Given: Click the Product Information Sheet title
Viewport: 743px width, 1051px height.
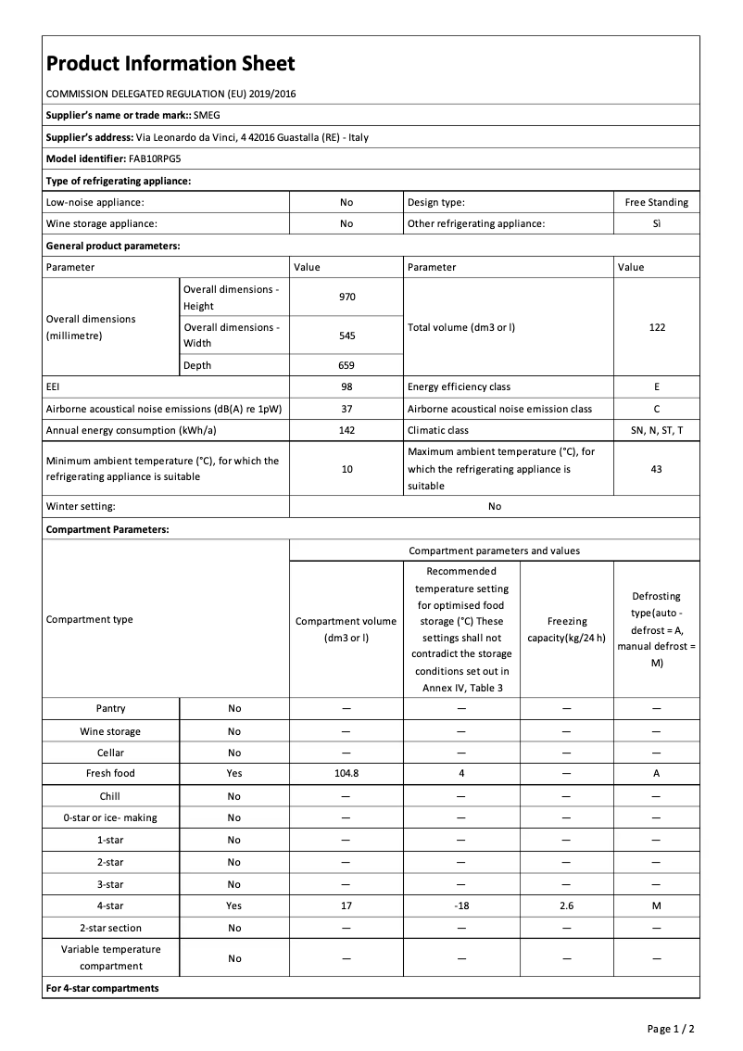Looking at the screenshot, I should coord(170,63).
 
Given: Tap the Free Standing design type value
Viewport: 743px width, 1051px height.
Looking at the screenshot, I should coord(656,202).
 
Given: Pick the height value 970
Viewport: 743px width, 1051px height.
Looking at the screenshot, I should coord(346,298).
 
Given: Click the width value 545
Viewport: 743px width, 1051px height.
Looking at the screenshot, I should coord(346,336).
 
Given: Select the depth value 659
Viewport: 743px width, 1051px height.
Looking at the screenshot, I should coord(346,365).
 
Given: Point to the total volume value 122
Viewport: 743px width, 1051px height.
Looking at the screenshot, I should coord(656,327).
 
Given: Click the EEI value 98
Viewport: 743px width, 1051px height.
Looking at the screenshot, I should coord(346,386).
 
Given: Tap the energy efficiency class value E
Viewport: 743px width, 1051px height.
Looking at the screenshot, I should coord(656,386).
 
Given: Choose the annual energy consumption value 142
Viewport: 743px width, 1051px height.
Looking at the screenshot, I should coord(346,430).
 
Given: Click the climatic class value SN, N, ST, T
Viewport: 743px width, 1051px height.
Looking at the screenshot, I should coord(656,430).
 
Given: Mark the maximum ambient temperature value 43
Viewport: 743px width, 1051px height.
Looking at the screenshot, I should coord(656,469).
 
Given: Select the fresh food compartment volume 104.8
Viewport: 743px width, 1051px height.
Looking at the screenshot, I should coord(346,773).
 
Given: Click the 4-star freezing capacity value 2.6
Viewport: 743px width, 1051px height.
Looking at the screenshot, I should coord(566,905).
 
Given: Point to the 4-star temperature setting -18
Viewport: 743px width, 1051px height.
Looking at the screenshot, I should coord(460,905).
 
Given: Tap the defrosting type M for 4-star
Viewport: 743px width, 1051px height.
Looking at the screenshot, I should coord(656,905).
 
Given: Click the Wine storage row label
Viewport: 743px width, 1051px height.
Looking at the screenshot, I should coord(110,731).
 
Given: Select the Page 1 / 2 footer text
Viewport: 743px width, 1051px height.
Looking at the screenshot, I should coord(671,1029).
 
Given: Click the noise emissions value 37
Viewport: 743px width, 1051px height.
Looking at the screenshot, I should coord(346,409).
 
